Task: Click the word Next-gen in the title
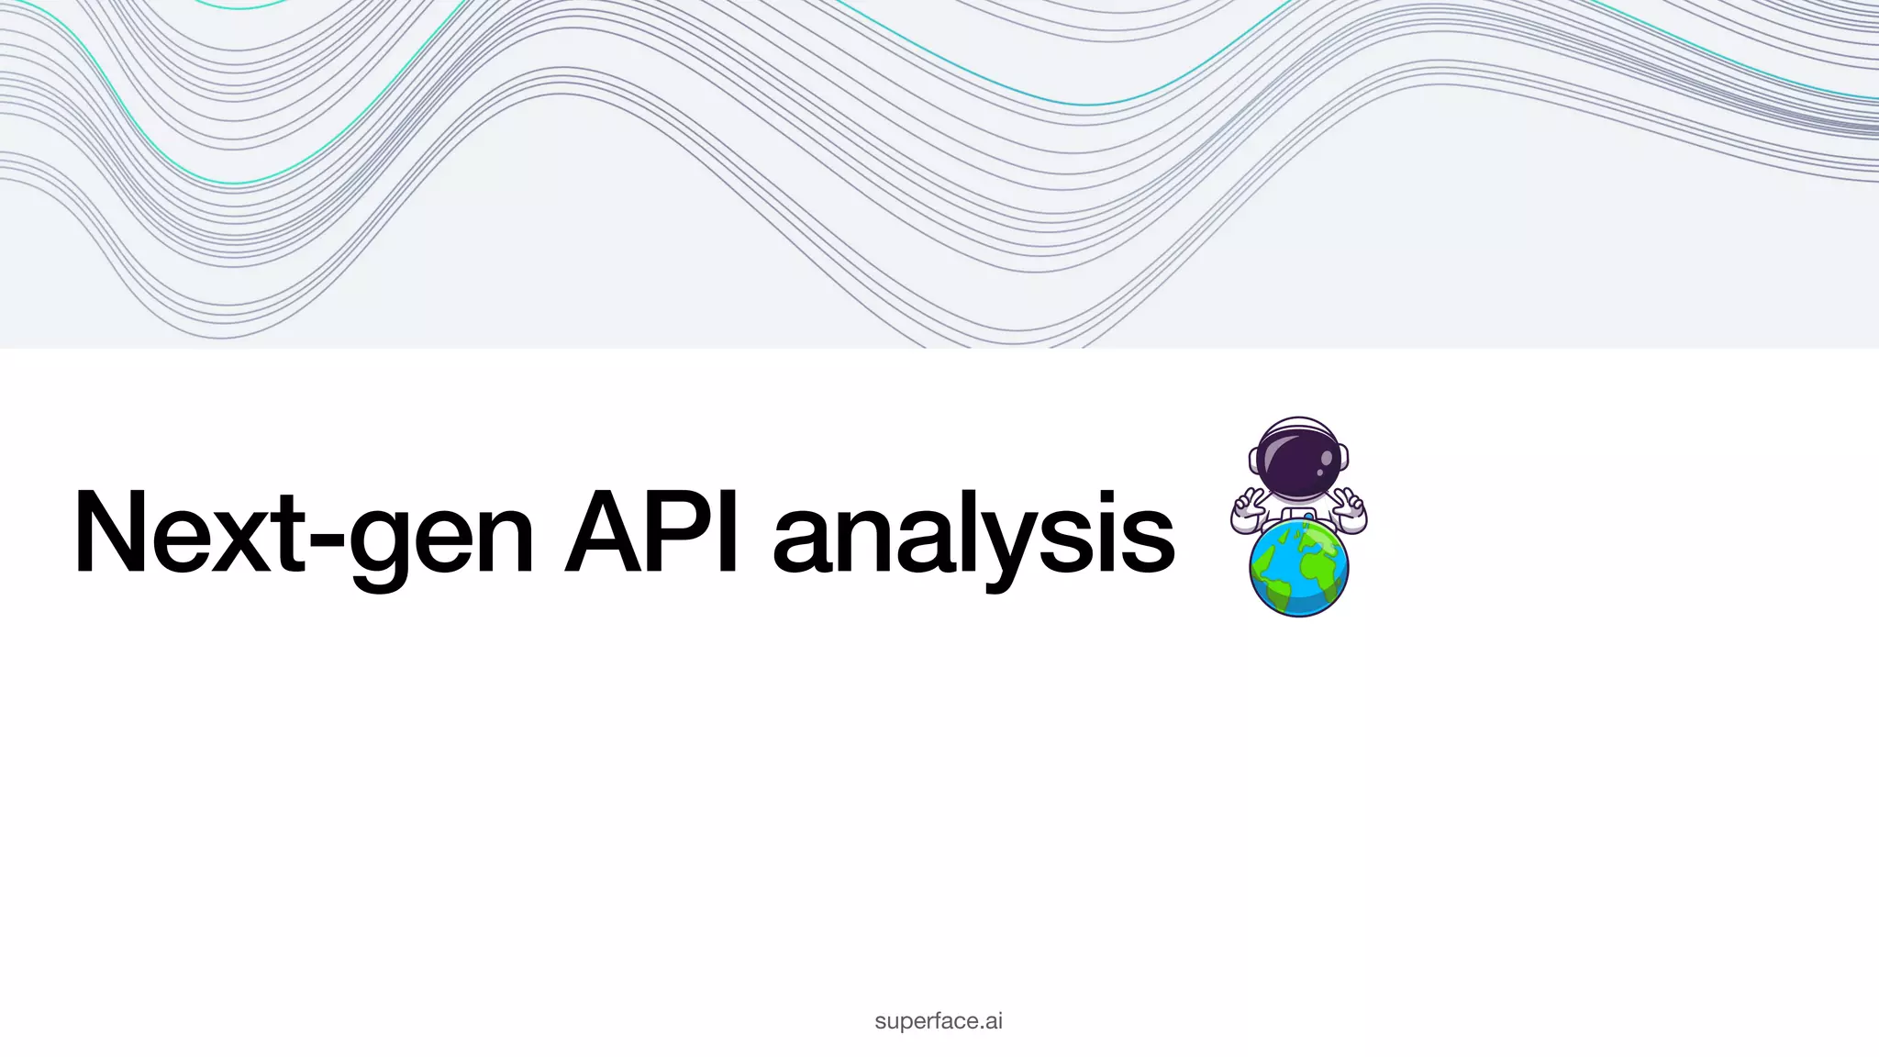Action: [303, 534]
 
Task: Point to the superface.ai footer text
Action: [939, 1021]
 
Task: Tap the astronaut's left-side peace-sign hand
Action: [1247, 507]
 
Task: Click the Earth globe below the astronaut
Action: [1298, 570]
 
